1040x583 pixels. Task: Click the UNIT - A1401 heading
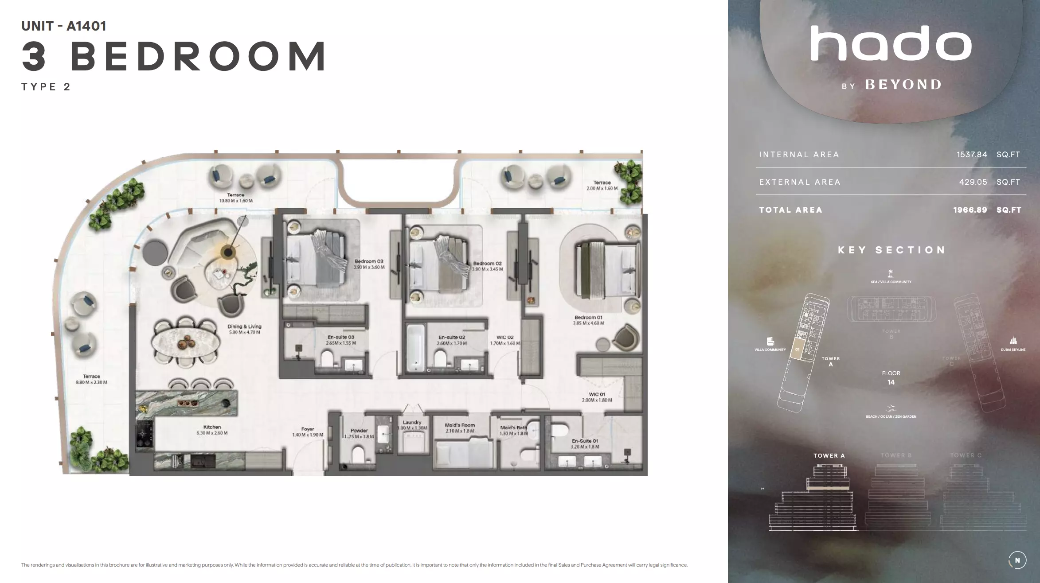click(64, 26)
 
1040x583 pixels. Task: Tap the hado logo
click(891, 43)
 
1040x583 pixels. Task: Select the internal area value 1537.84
click(972, 155)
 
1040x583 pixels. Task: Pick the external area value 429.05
click(973, 182)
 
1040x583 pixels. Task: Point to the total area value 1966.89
click(970, 210)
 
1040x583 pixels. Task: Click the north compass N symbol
click(1017, 560)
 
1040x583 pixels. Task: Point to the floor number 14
click(891, 382)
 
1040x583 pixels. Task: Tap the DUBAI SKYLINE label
click(1013, 350)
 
